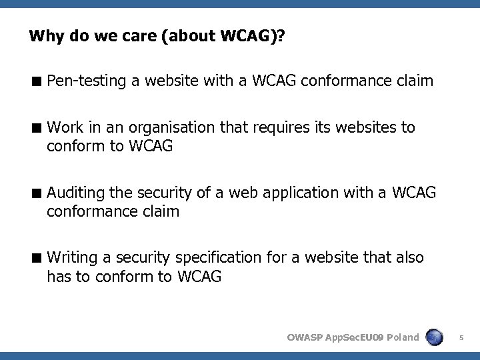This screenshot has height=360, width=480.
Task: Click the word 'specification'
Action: pos(221,257)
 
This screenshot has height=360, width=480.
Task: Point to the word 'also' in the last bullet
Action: pos(408,257)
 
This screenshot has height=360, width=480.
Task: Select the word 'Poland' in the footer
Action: pos(402,337)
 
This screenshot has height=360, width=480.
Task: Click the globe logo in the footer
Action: pos(435,337)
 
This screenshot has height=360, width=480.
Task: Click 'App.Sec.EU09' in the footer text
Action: pos(355,337)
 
